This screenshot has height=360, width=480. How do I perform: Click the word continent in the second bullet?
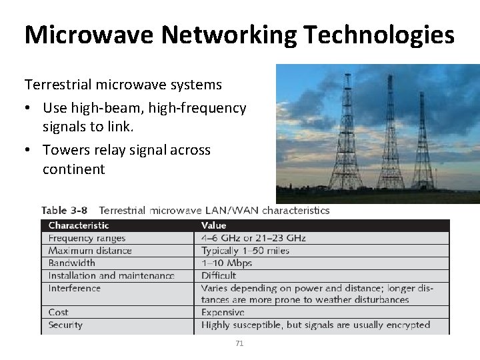click(x=73, y=169)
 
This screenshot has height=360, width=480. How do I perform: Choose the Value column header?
click(x=214, y=226)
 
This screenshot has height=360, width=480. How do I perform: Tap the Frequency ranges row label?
click(x=87, y=238)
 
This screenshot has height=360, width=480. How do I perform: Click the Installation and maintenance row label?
click(x=111, y=275)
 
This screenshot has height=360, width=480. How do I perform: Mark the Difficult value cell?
click(x=219, y=275)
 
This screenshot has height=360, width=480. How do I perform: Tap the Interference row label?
click(x=75, y=288)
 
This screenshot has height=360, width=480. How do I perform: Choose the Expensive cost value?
click(x=223, y=312)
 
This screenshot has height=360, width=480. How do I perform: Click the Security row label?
click(x=65, y=325)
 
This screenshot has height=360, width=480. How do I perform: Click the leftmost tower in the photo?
click(x=347, y=133)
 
